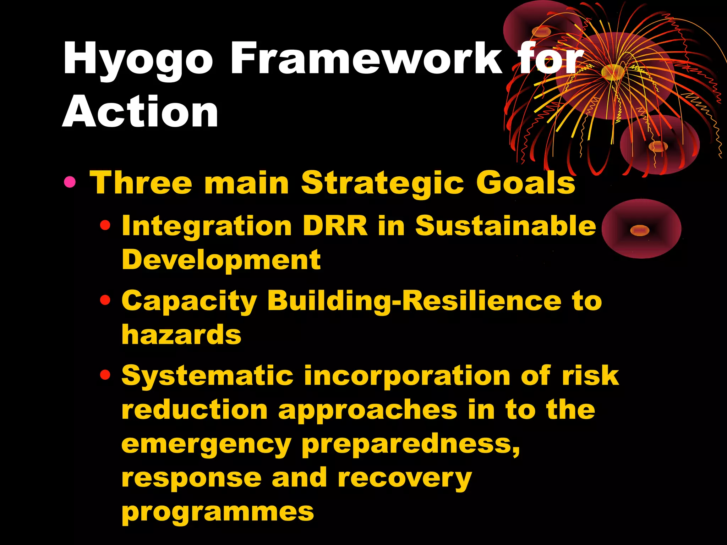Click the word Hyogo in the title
click(138, 59)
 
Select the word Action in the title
click(140, 112)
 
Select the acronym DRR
click(335, 226)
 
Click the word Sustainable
click(505, 226)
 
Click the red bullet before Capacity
click(105, 301)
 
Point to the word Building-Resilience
click(414, 301)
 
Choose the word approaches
click(368, 410)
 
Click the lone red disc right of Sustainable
click(641, 229)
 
